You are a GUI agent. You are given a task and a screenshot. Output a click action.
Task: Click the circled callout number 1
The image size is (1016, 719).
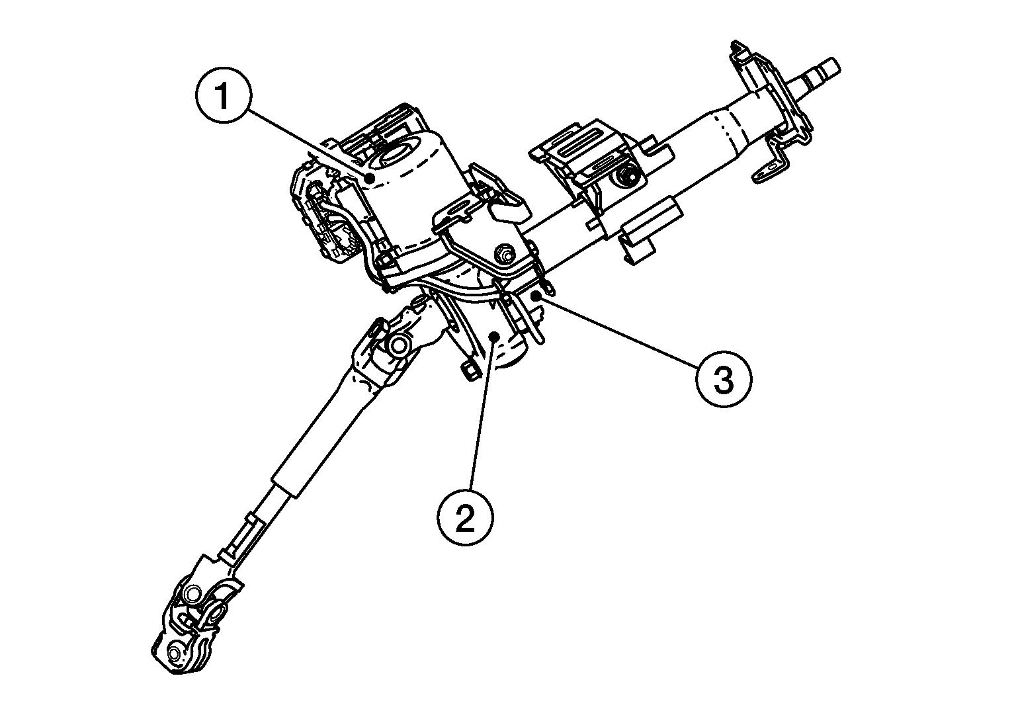coord(224,97)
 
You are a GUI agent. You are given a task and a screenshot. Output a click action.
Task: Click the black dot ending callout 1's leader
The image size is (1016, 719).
coord(372,177)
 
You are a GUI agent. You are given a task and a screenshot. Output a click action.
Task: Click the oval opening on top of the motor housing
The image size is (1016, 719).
coord(395,157)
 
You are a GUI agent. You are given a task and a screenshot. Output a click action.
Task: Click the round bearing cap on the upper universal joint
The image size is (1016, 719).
coord(399,345)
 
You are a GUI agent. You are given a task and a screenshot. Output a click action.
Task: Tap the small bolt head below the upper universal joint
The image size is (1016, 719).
coord(467,370)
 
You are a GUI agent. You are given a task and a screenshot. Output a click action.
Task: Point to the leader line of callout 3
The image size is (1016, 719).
coord(622,337)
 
